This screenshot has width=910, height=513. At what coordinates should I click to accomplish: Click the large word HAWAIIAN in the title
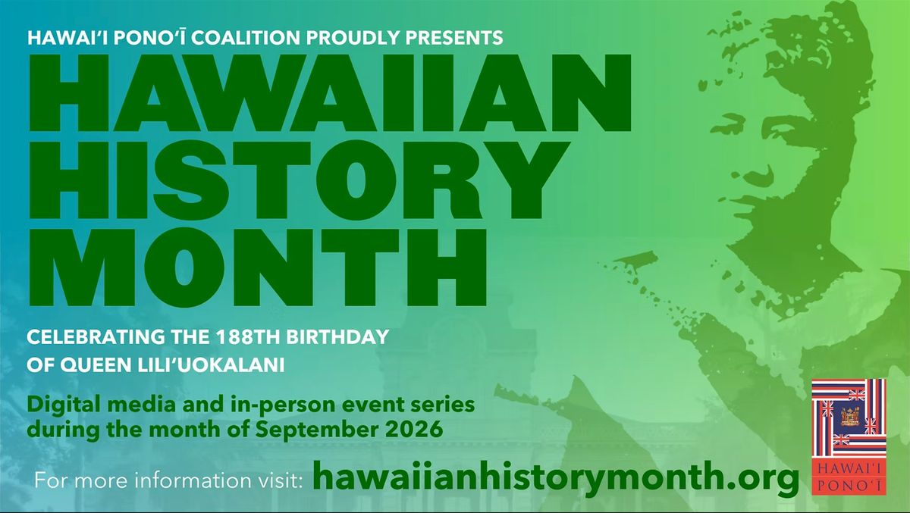pos(330,93)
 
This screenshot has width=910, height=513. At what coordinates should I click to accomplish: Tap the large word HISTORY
pos(299,181)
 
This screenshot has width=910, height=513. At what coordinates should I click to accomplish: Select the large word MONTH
pos(257,267)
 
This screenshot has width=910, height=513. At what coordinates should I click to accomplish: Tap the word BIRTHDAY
pos(337,337)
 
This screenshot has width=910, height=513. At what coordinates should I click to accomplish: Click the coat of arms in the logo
pos(850,416)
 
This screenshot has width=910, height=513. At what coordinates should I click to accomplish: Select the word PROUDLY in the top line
pos(353,38)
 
